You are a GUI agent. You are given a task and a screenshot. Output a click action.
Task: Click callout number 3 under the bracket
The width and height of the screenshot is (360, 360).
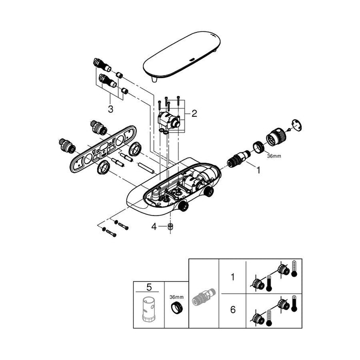(111, 109)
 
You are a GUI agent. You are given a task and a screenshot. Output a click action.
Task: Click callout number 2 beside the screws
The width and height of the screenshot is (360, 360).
(194, 113)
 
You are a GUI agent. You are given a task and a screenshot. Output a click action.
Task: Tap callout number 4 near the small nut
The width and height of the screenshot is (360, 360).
(154, 227)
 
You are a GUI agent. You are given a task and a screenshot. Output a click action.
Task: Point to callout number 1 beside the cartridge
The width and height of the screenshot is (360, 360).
(259, 170)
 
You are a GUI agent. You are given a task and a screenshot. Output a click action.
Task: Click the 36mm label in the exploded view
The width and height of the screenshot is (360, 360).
(274, 156)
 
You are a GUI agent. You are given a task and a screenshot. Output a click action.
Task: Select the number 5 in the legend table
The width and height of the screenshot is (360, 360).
(149, 287)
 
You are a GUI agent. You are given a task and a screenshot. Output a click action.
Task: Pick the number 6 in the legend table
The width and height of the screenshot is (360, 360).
(233, 310)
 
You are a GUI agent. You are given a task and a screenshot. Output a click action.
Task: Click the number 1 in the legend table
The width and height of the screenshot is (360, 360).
(233, 277)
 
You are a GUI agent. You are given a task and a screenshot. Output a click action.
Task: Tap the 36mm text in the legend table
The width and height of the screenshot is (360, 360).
(176, 297)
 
